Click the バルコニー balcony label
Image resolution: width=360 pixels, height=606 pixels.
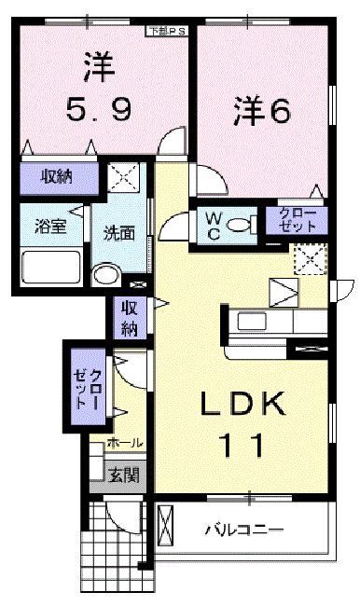(245, 530)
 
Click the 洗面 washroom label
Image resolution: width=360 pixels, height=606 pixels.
(118, 233)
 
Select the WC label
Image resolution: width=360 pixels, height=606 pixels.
(214, 224)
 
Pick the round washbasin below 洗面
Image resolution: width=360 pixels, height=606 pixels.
(107, 273)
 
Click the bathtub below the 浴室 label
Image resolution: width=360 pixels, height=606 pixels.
(51, 269)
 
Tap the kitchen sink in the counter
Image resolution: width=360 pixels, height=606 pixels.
(253, 322)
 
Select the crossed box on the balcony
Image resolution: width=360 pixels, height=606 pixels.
(166, 531)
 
